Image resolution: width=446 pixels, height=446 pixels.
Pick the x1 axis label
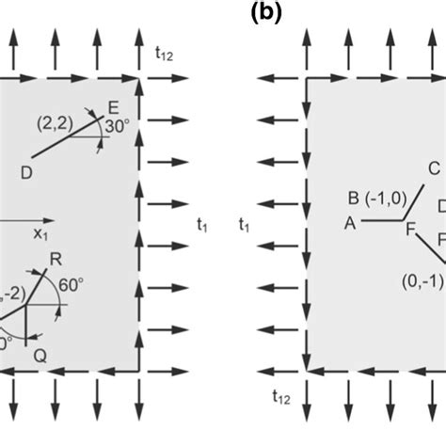pos(40,231)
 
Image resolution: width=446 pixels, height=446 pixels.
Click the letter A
pos(350,223)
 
